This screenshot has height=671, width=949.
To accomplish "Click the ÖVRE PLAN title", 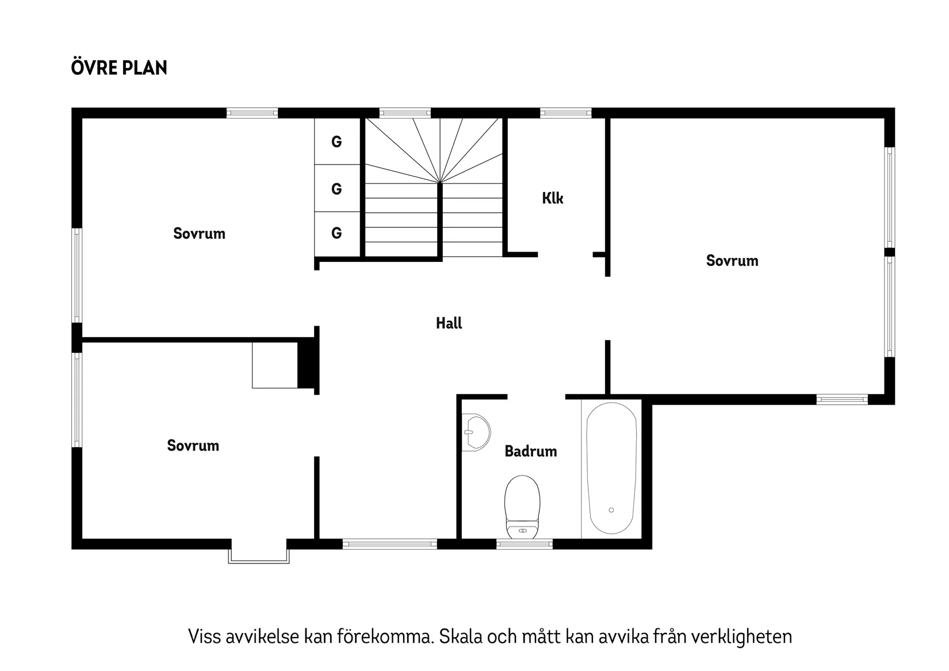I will point(119,67).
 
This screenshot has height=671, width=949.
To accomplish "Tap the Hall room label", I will point(449,323).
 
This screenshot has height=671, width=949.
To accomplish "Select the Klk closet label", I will point(552,199).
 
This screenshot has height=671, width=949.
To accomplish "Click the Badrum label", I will point(530,451).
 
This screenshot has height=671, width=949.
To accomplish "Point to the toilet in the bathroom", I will point(522,506).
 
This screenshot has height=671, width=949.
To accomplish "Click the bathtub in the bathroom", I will point(611,468).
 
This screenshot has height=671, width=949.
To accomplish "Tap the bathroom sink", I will point(477,432).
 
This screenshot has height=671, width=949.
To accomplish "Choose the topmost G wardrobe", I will point(337,142).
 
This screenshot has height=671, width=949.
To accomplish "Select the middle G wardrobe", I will point(337,189).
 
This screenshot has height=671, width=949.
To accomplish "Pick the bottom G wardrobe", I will point(337,233).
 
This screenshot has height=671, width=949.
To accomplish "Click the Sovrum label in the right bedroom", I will point(732,261).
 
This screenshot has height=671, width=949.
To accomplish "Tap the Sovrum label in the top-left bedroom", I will point(199,234).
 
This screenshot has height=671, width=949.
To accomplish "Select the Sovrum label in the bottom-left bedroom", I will point(193,445).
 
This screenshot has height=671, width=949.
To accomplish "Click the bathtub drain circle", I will point(611,510).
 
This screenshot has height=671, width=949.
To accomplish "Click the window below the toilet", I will point(524,544).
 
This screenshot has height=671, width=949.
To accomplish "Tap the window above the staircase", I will point(405,113).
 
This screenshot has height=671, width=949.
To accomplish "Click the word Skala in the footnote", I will point(461,637).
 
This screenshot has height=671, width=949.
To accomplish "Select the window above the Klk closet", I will point(565,113).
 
